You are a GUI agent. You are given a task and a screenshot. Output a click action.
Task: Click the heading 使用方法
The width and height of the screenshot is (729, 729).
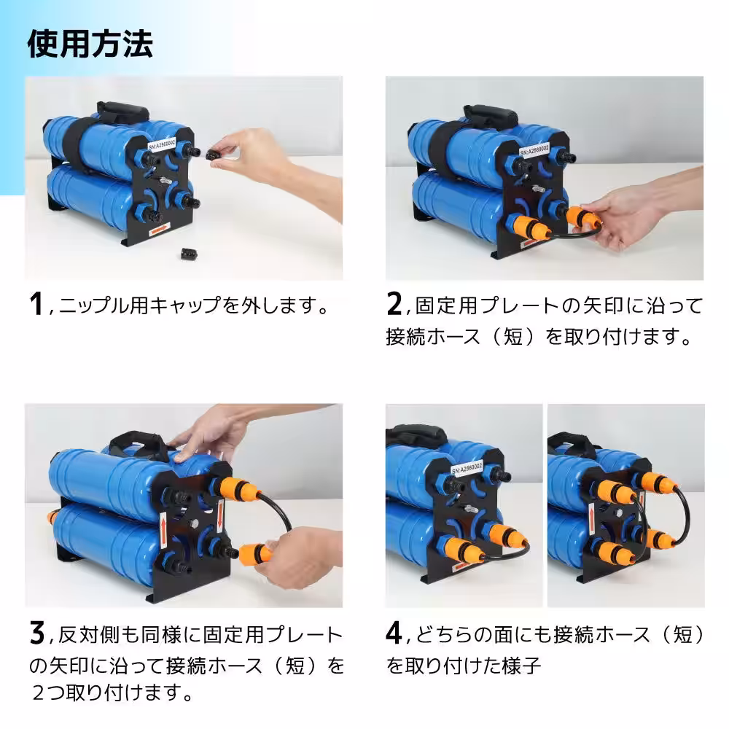point(90,44)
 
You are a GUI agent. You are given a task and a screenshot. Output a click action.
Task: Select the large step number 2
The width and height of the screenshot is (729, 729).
point(394,304)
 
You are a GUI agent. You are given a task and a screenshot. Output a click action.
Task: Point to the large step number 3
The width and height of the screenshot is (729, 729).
point(36,633)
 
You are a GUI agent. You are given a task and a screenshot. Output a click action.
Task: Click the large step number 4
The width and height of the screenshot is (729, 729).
point(394,633)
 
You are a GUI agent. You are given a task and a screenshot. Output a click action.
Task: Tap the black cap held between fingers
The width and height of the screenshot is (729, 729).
point(214,154)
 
